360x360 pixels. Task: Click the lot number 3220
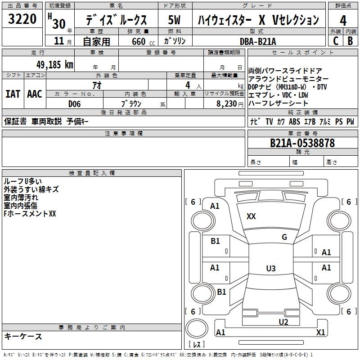tap(22, 19)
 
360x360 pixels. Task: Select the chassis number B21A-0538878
tap(302, 143)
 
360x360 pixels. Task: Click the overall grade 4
tap(343, 20)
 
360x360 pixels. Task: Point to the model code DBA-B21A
tap(258, 41)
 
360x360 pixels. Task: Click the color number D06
tap(75, 103)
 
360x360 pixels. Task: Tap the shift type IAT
tap(13, 94)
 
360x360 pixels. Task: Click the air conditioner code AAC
tap(35, 94)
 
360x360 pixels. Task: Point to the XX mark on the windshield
tap(251, 216)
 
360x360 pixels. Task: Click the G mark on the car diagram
tap(284, 237)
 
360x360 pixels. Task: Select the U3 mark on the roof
tap(270, 269)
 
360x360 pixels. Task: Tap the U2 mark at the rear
tap(283, 321)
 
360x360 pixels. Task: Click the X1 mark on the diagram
tap(320, 332)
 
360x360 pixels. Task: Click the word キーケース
tap(23, 336)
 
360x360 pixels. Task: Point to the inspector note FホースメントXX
tap(30, 214)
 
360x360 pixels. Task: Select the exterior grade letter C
tap(335, 41)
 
